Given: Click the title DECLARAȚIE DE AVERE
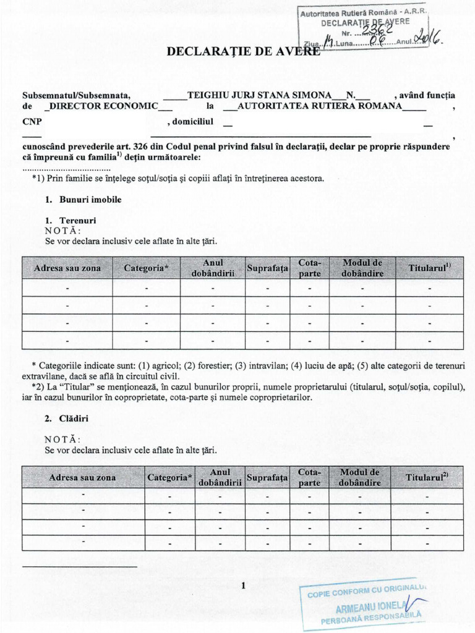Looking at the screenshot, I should [x=244, y=51].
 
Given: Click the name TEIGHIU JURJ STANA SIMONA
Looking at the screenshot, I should [x=259, y=95].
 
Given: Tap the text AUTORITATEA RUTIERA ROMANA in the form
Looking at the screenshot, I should [x=320, y=106].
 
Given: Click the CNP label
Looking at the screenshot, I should [x=32, y=122].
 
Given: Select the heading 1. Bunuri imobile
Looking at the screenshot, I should [x=83, y=200].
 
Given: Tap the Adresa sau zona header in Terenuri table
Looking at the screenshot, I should [x=67, y=268].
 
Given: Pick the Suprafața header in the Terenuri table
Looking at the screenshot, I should [x=268, y=268].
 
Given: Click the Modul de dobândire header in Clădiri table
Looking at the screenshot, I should [x=359, y=477].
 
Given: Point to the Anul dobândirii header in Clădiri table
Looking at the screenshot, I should [x=219, y=477].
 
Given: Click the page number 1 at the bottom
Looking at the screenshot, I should [x=244, y=586].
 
